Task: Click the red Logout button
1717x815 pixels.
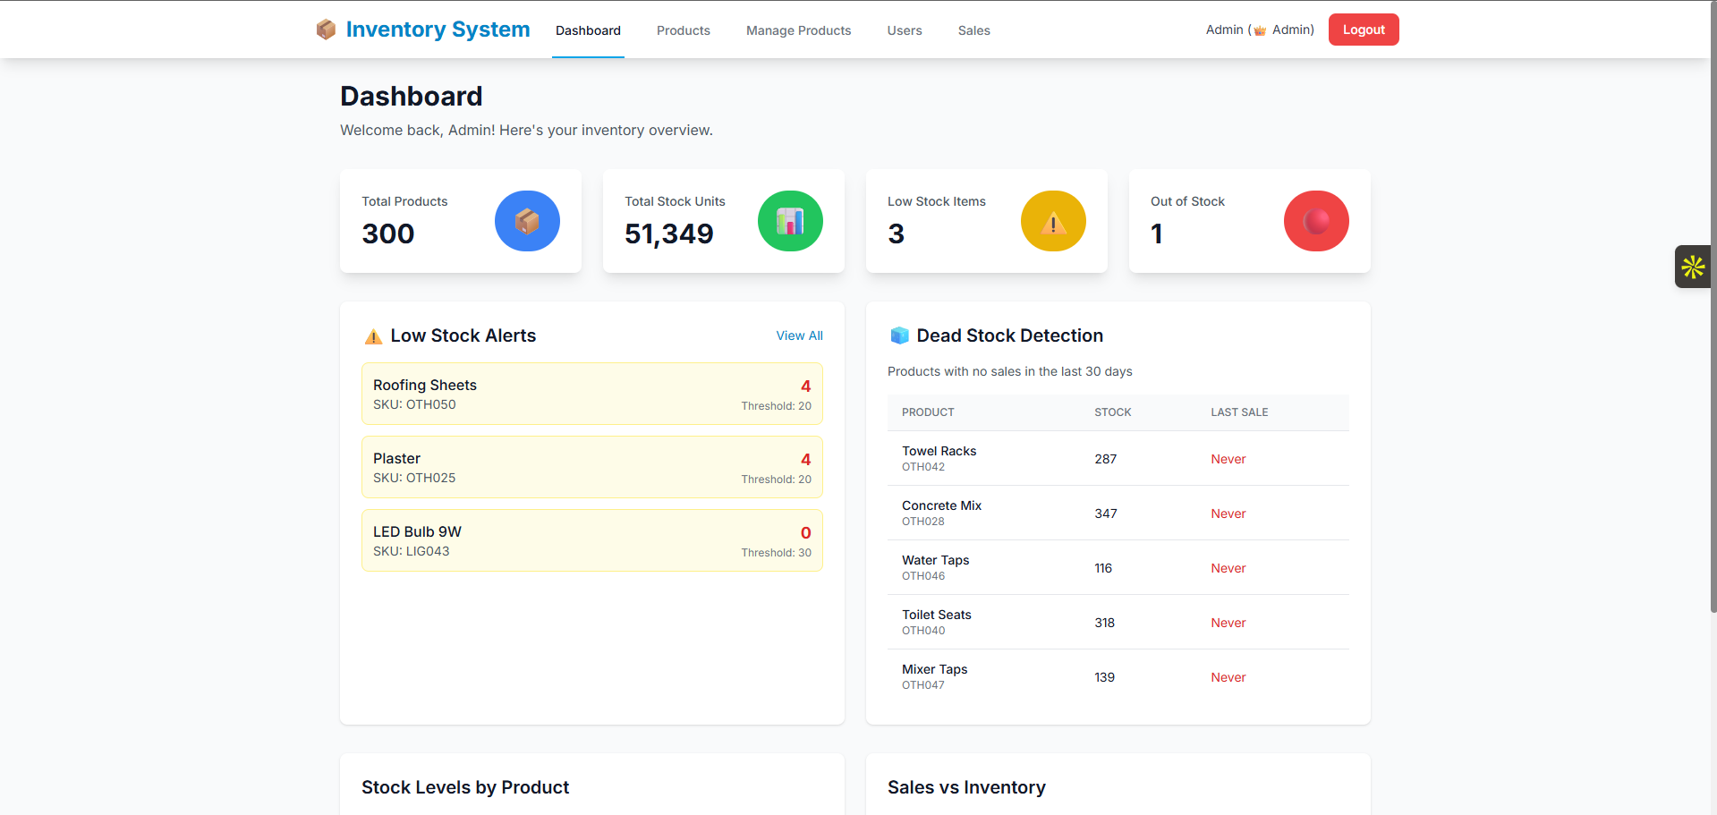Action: pos(1363,30)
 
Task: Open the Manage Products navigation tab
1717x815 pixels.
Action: pos(798,30)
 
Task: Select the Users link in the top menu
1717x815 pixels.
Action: pos(904,30)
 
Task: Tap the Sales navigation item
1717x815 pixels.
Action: pos(973,30)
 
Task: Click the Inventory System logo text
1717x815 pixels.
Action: pos(438,30)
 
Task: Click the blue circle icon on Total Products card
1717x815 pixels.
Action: pos(527,221)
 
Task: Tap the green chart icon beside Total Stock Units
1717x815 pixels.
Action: pos(790,221)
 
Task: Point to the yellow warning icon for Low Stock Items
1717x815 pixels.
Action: pos(1053,221)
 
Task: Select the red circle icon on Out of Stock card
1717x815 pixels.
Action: pos(1316,221)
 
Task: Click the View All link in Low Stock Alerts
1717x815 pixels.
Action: pos(799,335)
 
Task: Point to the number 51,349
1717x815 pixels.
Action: pos(668,233)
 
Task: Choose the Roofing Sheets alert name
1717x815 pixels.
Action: pos(424,385)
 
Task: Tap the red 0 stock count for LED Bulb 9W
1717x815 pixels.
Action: pos(805,533)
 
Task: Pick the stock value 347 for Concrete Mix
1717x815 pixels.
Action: pos(1105,514)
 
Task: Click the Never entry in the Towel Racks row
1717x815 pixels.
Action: pos(1228,459)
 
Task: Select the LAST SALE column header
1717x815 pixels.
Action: pos(1239,412)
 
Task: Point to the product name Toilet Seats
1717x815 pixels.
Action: pos(936,615)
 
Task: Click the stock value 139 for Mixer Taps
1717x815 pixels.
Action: pos(1104,677)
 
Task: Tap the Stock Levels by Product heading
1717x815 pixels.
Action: pos(465,787)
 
